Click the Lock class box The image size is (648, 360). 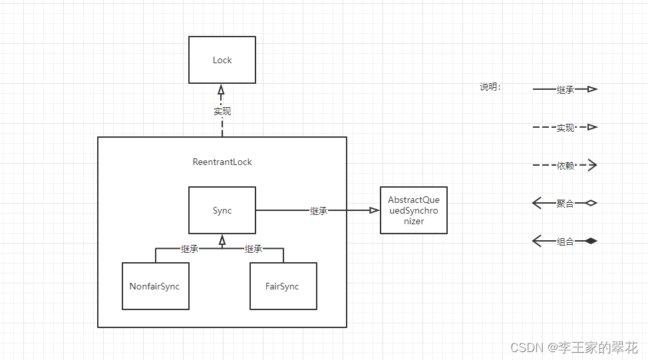tap(222, 60)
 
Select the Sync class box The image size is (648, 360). tap(222, 210)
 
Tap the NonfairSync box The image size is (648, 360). tap(155, 286)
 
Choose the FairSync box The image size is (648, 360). tap(283, 286)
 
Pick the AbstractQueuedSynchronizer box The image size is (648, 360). tap(413, 210)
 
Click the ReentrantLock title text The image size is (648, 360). tap(222, 162)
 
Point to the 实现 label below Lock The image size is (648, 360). tap(222, 111)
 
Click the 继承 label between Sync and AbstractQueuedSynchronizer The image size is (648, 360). tap(319, 210)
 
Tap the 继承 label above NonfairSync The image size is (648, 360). tap(190, 249)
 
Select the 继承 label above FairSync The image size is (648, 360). tap(253, 249)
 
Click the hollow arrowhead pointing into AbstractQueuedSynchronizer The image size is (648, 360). tap(375, 210)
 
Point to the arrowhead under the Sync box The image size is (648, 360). tap(222, 239)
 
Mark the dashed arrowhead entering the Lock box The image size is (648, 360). tap(222, 89)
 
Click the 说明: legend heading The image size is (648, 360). tap(490, 87)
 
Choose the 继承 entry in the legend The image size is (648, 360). tap(565, 89)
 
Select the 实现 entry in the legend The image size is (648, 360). tap(565, 127)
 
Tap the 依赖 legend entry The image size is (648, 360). tap(565, 165)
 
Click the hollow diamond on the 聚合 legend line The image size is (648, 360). tap(590, 203)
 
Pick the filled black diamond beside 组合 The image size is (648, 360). tap(590, 241)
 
